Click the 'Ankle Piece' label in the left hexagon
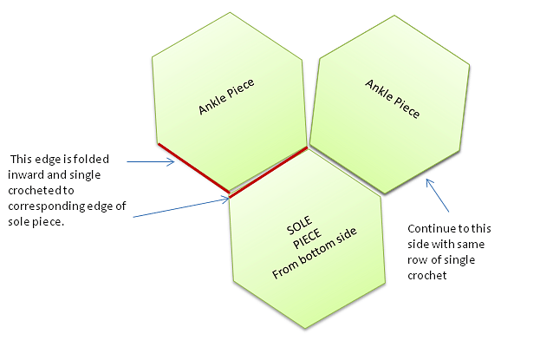point(231,95)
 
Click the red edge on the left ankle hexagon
point(192,167)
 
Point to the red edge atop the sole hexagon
point(268,172)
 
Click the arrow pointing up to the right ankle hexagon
point(439,196)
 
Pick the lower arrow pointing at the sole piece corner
point(183,208)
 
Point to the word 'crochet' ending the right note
point(426,276)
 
